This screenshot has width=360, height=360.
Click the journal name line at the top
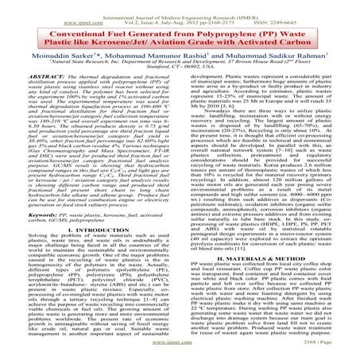point(180,5)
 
